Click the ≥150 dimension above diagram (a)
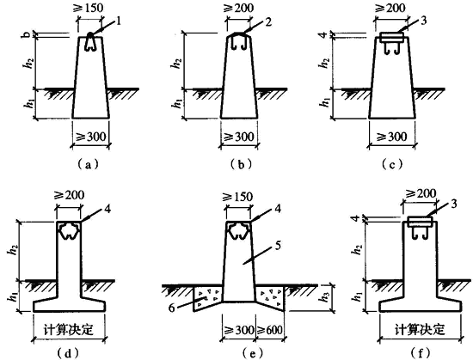[x=88, y=8]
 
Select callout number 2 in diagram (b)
[x=268, y=21]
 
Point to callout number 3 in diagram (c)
[x=423, y=21]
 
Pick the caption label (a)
[x=88, y=164]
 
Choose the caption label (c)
[x=392, y=164]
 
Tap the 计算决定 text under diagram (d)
[x=69, y=330]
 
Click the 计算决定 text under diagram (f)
[x=420, y=330]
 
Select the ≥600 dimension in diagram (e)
[x=270, y=330]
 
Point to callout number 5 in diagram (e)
[x=278, y=246]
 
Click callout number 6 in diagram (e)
[x=172, y=308]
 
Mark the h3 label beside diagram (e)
[x=324, y=297]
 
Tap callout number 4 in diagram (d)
[x=107, y=208]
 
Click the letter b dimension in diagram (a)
[x=27, y=35]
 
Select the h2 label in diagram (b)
[x=177, y=63]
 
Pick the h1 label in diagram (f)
[x=357, y=296]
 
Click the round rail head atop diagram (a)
[x=90, y=35]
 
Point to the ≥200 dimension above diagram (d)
[x=69, y=195]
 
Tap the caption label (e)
[x=253, y=352]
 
